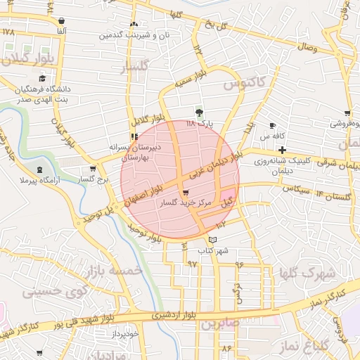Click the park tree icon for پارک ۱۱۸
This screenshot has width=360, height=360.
200,112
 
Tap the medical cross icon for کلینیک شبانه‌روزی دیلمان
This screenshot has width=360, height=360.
282,150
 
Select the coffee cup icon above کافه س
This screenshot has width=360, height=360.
272,126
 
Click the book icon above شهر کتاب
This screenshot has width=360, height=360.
213,240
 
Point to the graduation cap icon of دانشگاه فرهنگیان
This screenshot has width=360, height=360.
43,79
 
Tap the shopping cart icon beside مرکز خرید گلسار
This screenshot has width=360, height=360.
185,193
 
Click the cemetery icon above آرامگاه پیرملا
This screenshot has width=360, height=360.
39,169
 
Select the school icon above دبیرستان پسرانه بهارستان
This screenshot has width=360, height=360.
134,136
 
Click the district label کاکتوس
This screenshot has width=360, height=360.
244,84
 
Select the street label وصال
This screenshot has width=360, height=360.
307,48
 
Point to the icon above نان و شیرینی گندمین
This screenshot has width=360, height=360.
134,23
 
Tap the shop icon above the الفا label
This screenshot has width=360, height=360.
62,21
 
